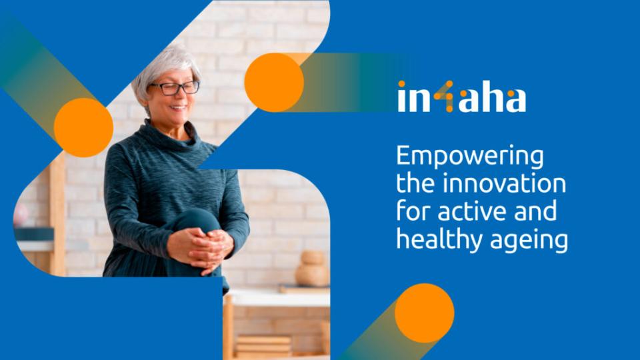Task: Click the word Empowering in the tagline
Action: (470, 157)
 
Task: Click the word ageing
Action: (529, 241)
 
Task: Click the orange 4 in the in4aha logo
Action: (444, 96)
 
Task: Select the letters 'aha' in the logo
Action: (492, 99)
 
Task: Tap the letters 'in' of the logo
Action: (414, 97)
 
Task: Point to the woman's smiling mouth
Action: (179, 108)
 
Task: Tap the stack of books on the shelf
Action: (263, 345)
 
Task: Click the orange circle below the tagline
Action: (425, 313)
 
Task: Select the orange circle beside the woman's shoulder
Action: (84, 127)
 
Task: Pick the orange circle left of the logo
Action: (274, 83)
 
